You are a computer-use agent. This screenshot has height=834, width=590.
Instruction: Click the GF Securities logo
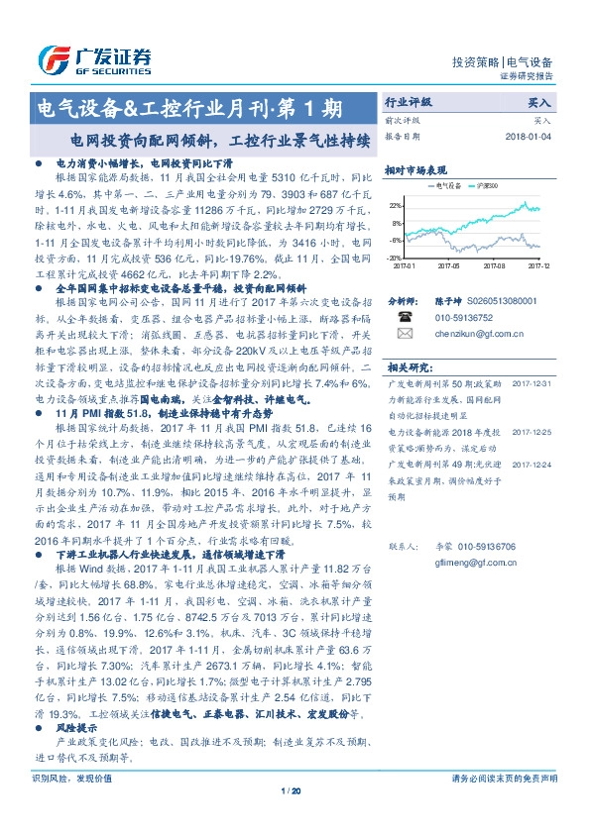(93, 57)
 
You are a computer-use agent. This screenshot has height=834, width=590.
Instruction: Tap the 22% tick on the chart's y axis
(396, 205)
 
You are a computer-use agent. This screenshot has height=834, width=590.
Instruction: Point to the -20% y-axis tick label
(396, 258)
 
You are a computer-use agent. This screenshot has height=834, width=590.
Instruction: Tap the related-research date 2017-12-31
(532, 380)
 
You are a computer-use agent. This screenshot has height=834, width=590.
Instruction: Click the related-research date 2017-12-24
(532, 462)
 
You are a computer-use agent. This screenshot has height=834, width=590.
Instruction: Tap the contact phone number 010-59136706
(482, 546)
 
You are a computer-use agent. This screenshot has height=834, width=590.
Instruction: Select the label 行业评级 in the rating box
(410, 102)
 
